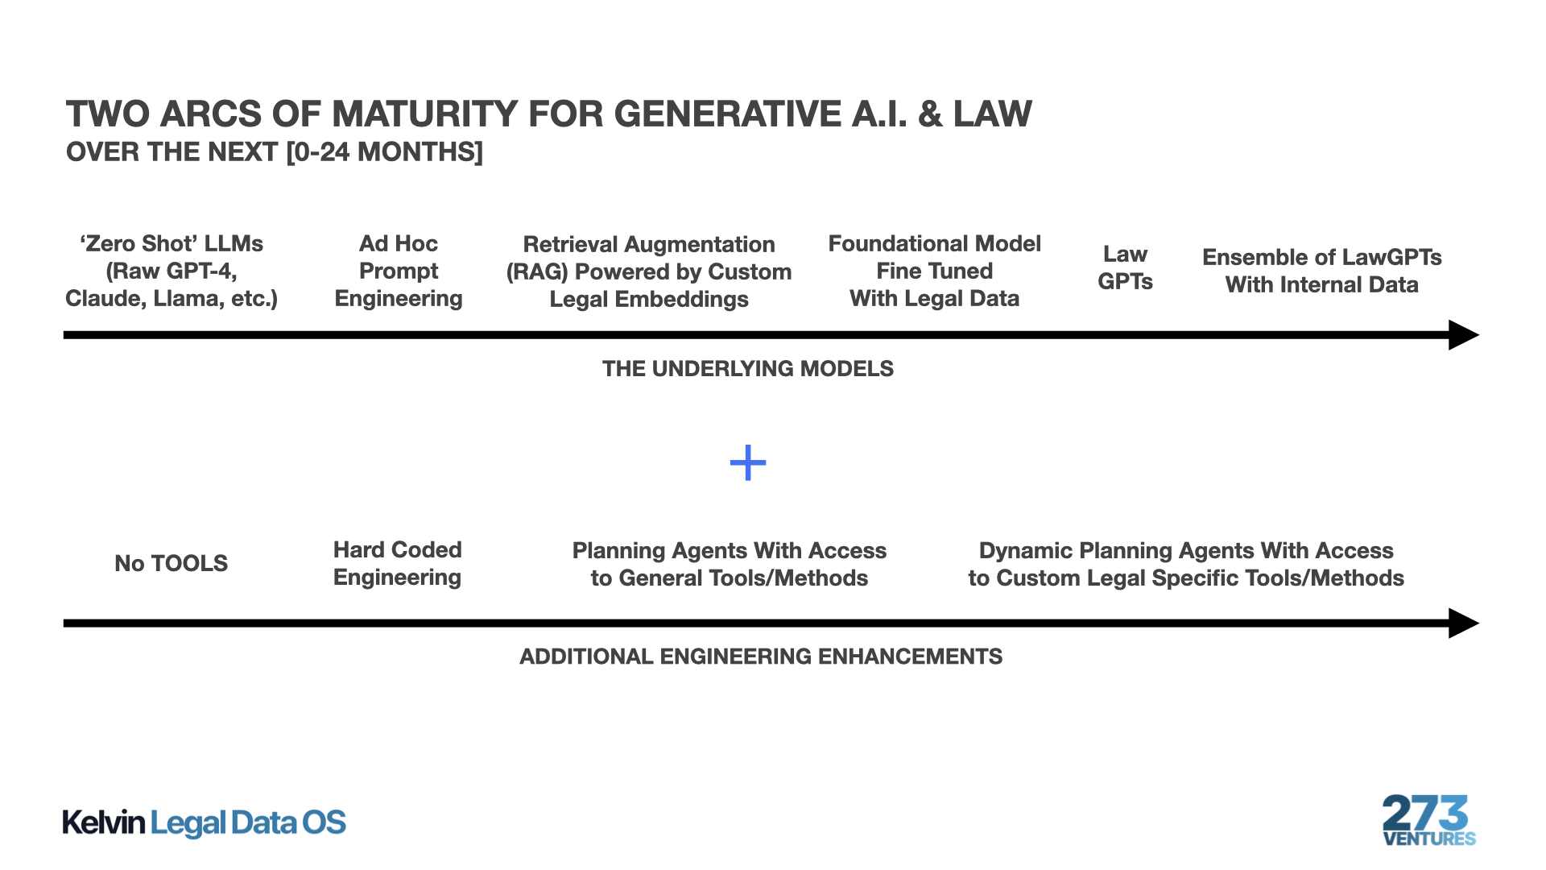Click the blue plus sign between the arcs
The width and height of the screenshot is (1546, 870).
pyautogui.click(x=747, y=463)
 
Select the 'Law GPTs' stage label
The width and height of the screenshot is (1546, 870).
pyautogui.click(x=1125, y=268)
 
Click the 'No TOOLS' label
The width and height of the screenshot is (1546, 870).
pyautogui.click(x=171, y=563)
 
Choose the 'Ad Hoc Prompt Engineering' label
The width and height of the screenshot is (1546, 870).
pyautogui.click(x=399, y=271)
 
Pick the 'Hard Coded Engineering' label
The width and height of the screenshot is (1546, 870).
pyautogui.click(x=397, y=564)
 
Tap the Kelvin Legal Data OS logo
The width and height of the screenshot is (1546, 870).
pyautogui.click(x=204, y=822)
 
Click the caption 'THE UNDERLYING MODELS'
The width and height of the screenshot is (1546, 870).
pyautogui.click(x=747, y=369)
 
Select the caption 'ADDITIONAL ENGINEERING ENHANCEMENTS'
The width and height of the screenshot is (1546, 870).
pyautogui.click(x=760, y=657)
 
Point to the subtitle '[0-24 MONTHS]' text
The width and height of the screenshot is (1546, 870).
pyautogui.click(x=384, y=152)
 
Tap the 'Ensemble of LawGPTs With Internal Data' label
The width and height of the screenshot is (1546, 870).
pyautogui.click(x=1321, y=271)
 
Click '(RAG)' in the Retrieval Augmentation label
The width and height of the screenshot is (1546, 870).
pyautogui.click(x=536, y=272)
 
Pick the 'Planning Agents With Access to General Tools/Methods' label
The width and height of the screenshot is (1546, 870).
pyautogui.click(x=729, y=564)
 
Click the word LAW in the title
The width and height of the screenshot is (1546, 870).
pyautogui.click(x=992, y=114)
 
